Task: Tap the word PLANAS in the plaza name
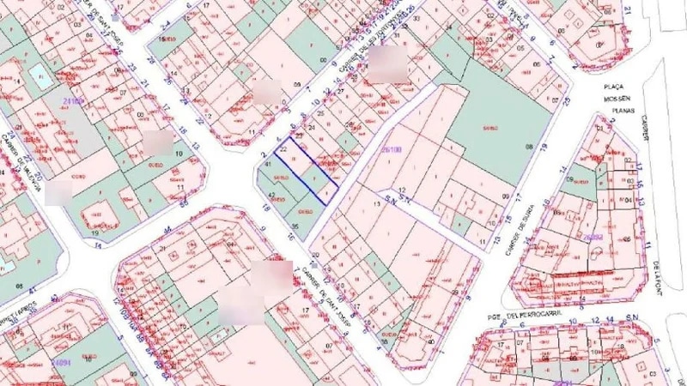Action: [617, 111]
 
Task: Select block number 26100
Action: [392, 149]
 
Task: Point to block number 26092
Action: [593, 236]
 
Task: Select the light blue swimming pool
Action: [40, 75]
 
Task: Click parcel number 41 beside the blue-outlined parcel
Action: [268, 164]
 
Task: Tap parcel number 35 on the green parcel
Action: [294, 226]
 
